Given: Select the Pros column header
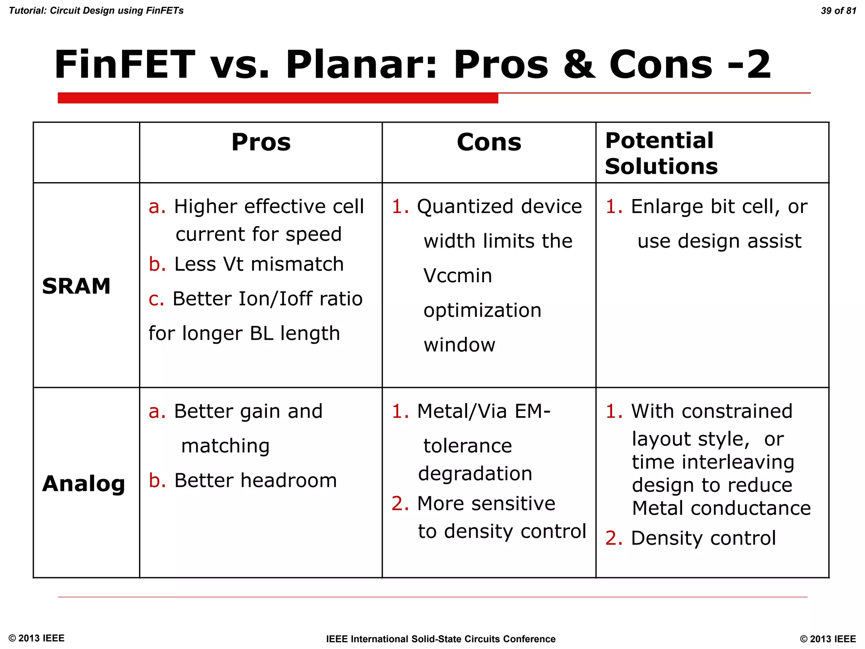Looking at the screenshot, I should tap(261, 142).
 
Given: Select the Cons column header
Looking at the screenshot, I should tap(489, 142).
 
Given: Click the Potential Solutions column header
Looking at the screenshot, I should tap(661, 153).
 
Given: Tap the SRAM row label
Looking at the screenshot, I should tap(76, 286).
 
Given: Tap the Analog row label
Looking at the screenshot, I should tap(84, 483).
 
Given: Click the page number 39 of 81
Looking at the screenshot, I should tap(838, 11).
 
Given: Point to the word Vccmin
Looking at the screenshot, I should tap(457, 276).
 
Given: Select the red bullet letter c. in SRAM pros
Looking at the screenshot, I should tap(156, 299).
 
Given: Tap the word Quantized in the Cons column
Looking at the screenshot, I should tap(464, 207).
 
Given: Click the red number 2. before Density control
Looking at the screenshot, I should tap(613, 538).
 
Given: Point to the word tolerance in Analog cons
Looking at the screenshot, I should tap(468, 446).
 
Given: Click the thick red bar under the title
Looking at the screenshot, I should tap(277, 98).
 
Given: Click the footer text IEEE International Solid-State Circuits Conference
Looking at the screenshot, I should tap(441, 639).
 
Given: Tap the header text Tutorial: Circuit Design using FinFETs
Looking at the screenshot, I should tap(96, 11).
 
